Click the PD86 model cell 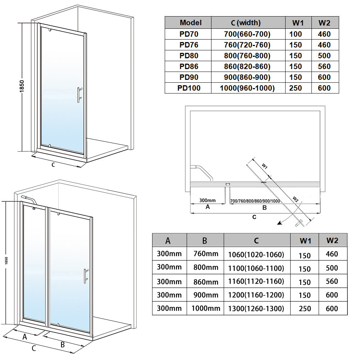pos(189,67)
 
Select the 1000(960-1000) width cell pos(248,88)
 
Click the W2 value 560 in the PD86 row pos(324,67)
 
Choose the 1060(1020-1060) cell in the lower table pos(256,255)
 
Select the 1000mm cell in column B pos(205,308)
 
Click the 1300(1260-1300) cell pos(256,308)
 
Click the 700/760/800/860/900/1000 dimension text pos(255,201)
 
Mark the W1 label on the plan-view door pos(264,166)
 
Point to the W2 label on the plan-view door pos(295,199)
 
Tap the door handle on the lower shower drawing pos(85,276)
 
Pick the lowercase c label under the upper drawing pos(53,165)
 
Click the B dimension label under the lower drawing pos(62,345)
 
